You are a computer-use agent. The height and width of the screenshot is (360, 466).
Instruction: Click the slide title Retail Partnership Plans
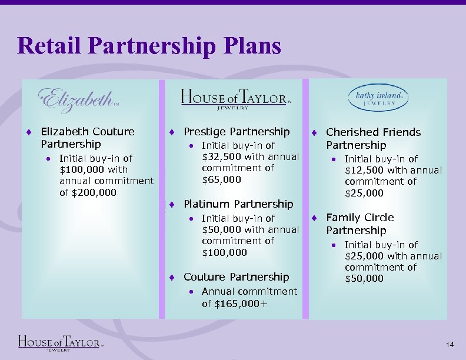149,46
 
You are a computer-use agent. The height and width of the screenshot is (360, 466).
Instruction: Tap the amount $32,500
221,156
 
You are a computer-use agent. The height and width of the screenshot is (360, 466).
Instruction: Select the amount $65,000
221,179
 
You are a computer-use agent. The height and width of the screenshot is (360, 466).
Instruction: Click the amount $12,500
364,171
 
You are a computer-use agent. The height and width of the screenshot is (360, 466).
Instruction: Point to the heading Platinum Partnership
238,204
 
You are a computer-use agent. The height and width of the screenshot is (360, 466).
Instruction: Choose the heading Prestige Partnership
237,132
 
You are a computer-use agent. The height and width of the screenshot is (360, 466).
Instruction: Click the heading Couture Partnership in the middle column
237,277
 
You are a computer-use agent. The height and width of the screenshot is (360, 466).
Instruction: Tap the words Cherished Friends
373,132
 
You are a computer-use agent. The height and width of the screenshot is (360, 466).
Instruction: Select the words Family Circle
360,218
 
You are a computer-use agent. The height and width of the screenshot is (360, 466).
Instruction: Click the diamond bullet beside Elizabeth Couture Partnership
29,132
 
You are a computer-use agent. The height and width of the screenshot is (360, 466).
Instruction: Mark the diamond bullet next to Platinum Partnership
171,205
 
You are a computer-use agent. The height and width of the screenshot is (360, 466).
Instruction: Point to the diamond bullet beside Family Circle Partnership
315,218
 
